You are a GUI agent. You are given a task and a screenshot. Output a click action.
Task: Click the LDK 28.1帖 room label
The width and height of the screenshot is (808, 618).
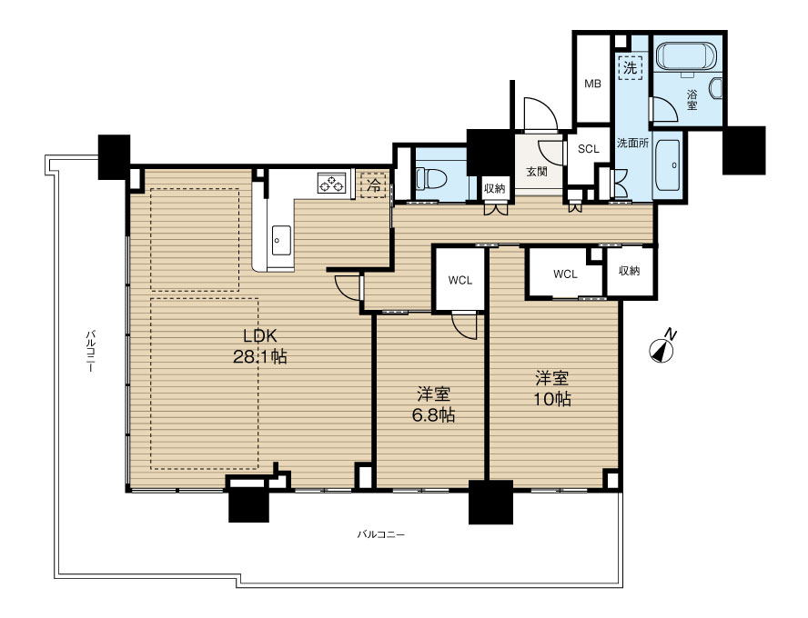point(260,346)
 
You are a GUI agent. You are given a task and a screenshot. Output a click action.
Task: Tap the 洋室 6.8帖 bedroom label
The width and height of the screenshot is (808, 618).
point(433,404)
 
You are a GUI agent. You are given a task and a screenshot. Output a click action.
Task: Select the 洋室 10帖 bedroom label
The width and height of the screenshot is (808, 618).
point(552,388)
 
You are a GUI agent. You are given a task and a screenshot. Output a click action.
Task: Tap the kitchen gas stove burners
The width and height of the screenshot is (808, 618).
point(331,184)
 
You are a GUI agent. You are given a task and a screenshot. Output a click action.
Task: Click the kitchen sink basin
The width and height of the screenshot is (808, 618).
point(281,240)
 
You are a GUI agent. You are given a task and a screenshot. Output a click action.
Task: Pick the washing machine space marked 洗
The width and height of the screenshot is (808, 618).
point(630,67)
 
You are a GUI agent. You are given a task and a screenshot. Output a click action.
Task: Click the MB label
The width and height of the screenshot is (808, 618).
point(592,84)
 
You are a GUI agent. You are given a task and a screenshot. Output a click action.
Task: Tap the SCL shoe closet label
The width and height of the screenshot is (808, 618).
point(589,149)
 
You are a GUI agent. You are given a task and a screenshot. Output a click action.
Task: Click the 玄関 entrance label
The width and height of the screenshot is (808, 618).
point(537,172)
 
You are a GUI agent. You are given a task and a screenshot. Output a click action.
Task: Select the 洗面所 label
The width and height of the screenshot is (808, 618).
point(632,143)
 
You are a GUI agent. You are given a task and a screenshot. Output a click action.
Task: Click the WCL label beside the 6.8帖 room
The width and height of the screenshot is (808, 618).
point(460,281)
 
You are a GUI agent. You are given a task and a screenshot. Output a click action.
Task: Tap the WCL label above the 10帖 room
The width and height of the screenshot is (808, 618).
point(565,274)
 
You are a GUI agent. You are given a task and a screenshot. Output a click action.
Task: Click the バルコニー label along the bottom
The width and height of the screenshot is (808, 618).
point(381,534)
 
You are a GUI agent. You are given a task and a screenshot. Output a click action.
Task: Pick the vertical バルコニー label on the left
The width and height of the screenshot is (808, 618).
point(90,352)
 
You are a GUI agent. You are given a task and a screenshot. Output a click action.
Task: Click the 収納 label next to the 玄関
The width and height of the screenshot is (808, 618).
point(495,189)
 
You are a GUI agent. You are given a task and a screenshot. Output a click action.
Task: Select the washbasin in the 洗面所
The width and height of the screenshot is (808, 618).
point(670,165)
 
